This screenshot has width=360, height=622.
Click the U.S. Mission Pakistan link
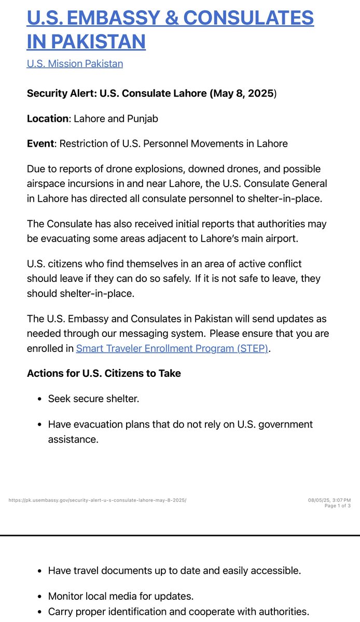click(x=75, y=64)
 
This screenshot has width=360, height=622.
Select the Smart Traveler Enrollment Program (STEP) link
click(x=172, y=349)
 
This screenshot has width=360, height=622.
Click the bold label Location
click(x=47, y=119)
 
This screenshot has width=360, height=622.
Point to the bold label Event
click(x=40, y=144)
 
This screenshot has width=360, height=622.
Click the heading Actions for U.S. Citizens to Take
click(x=104, y=374)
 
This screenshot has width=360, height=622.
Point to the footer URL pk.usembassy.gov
click(x=98, y=500)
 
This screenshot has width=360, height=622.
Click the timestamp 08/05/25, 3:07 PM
click(x=329, y=500)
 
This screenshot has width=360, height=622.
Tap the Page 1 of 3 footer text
click(x=337, y=506)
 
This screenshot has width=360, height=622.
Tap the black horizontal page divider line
click(x=180, y=535)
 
